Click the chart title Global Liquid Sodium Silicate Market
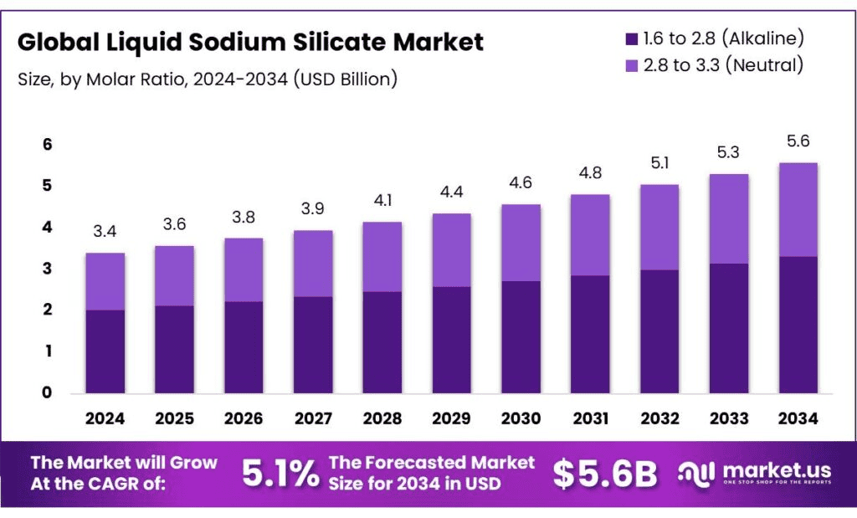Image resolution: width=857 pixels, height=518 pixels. (250, 42)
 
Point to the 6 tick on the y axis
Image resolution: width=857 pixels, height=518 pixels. (48, 145)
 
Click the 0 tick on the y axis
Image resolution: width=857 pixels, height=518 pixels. (48, 392)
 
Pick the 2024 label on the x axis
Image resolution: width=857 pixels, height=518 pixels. (105, 418)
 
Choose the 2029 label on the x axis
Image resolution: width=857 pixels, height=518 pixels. (451, 418)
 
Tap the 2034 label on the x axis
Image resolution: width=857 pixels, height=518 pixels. (798, 418)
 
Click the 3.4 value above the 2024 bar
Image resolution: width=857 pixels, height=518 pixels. (105, 232)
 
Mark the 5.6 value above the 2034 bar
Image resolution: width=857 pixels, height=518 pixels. (798, 141)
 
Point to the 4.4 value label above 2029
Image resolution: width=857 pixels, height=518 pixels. (451, 192)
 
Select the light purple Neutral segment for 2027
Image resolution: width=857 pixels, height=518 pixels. (313, 264)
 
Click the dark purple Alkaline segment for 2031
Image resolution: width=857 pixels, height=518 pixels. (590, 335)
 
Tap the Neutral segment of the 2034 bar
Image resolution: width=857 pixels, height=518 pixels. (798, 209)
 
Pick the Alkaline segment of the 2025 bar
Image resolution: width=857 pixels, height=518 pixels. (174, 350)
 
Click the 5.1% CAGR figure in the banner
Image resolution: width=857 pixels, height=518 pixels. (280, 474)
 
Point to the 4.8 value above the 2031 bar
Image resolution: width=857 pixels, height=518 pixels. (590, 173)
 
